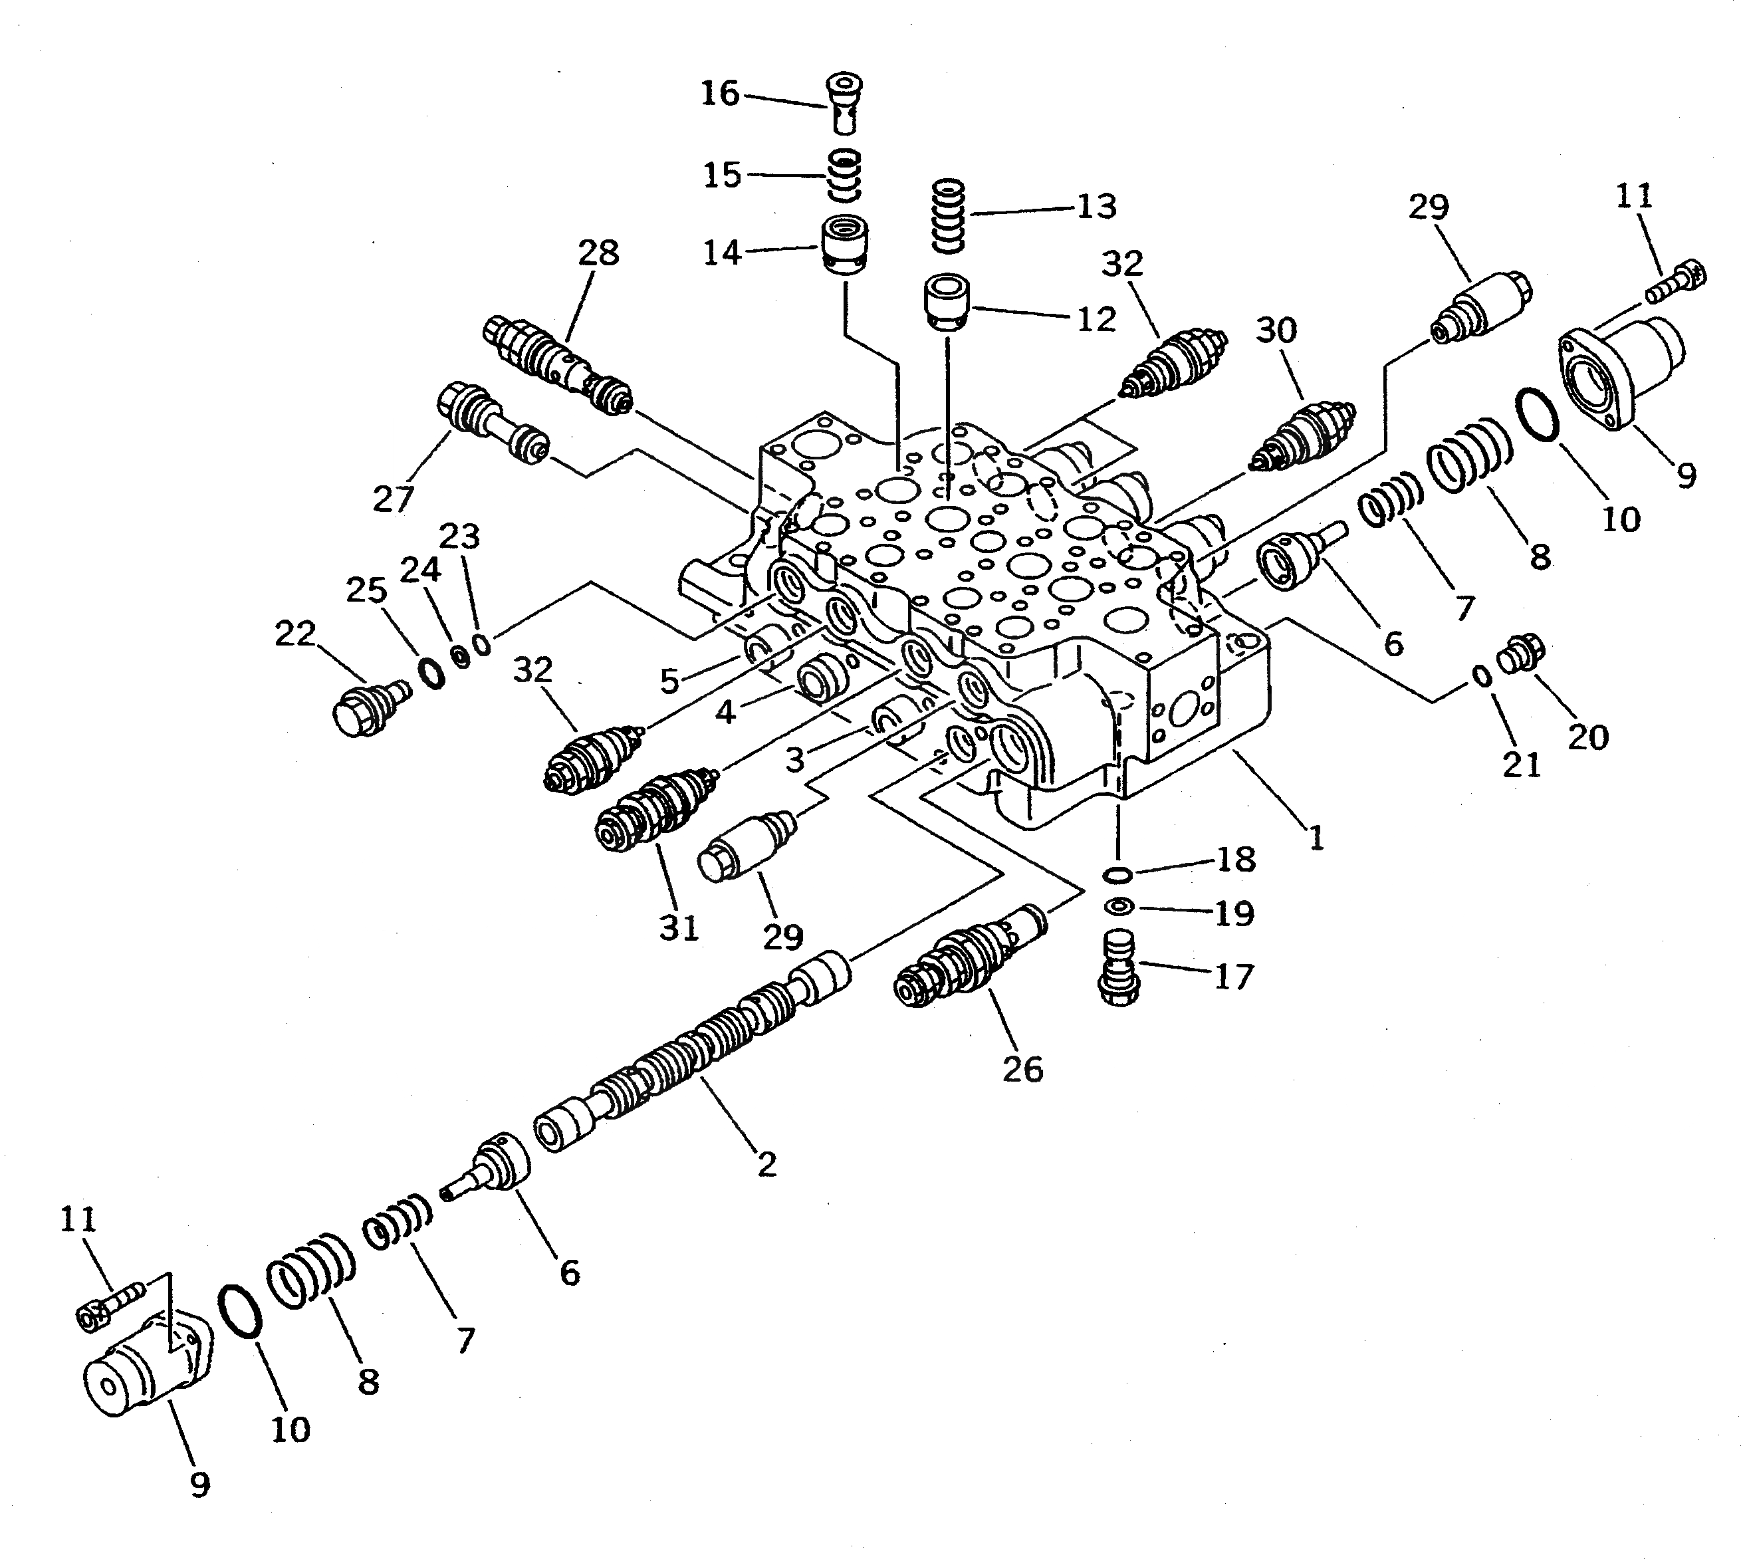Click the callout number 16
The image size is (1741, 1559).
720,93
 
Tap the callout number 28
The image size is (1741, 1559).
598,253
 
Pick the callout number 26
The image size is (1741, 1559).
1022,1069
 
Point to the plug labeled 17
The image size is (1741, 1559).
1117,967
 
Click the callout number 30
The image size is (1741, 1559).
1276,330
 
